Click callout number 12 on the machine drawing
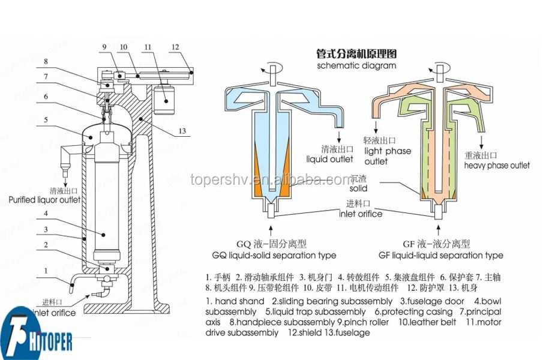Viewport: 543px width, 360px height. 175,46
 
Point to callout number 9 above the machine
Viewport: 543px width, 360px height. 103,46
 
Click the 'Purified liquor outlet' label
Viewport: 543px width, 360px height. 44,200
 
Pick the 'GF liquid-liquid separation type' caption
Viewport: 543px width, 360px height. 442,255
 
